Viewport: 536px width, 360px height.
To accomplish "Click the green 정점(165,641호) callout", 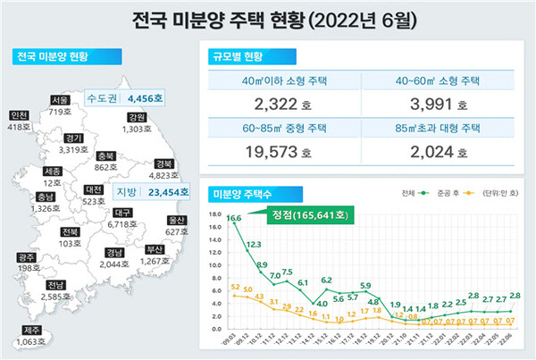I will click(306, 213).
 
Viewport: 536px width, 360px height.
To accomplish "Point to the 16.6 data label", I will click(233, 218).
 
